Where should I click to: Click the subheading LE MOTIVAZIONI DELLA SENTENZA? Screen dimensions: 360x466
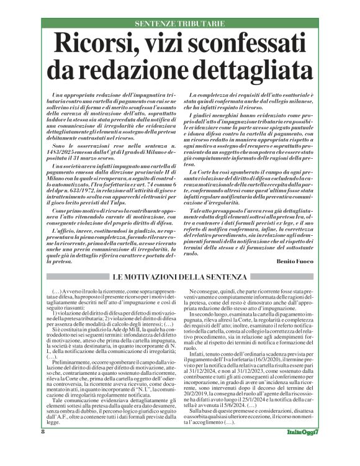click(179, 276)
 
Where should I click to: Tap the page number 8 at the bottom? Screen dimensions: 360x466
click(43, 448)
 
